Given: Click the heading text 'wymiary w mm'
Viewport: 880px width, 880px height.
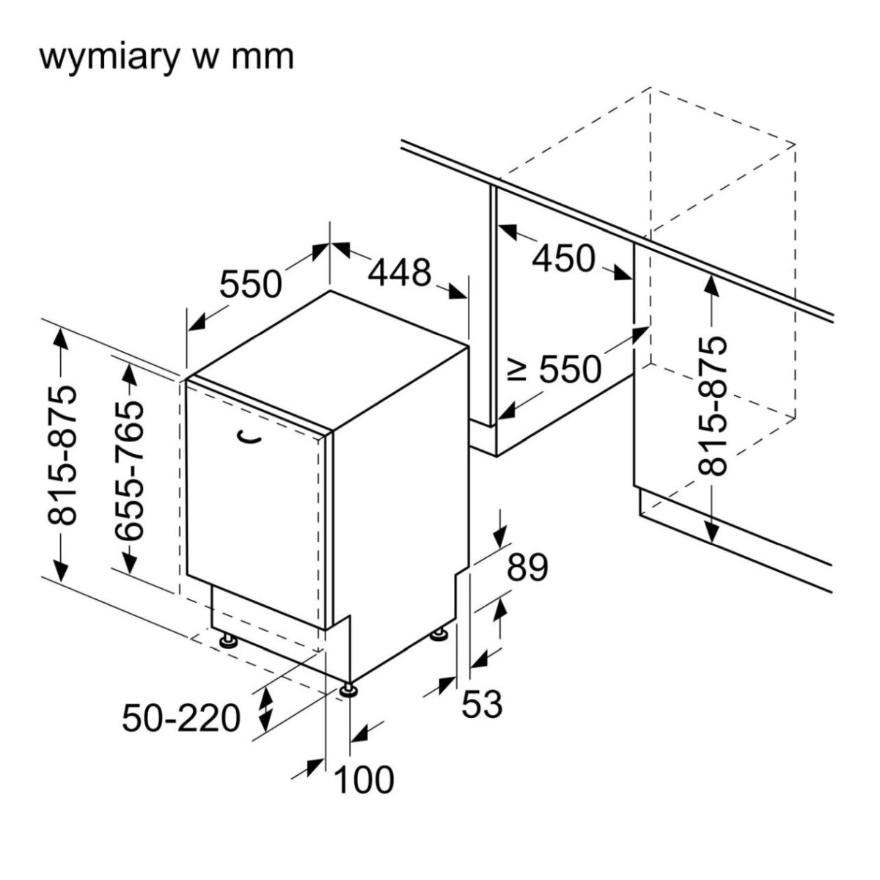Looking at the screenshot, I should (166, 56).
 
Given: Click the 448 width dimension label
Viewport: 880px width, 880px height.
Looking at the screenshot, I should (399, 273).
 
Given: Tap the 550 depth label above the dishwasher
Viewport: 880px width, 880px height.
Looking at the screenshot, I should (251, 285).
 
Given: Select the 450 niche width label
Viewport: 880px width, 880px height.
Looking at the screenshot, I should (563, 258).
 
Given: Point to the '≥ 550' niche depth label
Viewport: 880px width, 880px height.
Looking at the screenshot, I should (556, 370).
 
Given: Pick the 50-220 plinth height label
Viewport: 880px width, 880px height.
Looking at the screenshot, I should (181, 718).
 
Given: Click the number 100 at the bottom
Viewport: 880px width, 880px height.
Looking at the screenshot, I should (364, 780).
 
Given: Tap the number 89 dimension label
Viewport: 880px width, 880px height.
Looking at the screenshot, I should (528, 568).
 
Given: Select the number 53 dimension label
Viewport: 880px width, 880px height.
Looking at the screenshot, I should (482, 705).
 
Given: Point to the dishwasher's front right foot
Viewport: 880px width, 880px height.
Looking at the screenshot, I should (348, 689).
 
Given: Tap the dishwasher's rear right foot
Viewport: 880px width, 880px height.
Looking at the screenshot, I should (440, 634).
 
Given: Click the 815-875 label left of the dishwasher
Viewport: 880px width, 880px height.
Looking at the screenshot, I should (62, 455).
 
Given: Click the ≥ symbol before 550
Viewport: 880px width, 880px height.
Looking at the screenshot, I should (518, 370).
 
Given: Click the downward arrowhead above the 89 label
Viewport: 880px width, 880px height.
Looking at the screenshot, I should (501, 535).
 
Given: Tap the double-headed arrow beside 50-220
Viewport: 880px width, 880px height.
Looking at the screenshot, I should (265, 707).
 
